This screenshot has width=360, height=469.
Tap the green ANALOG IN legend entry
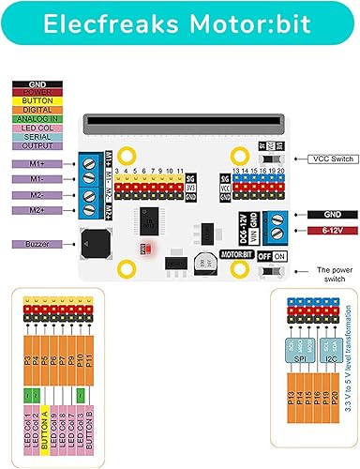coord(38,119)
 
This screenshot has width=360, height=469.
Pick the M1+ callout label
coord(37,162)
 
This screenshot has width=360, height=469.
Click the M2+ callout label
coord(37,210)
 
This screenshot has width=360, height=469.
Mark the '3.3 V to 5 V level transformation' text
coord(348,357)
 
